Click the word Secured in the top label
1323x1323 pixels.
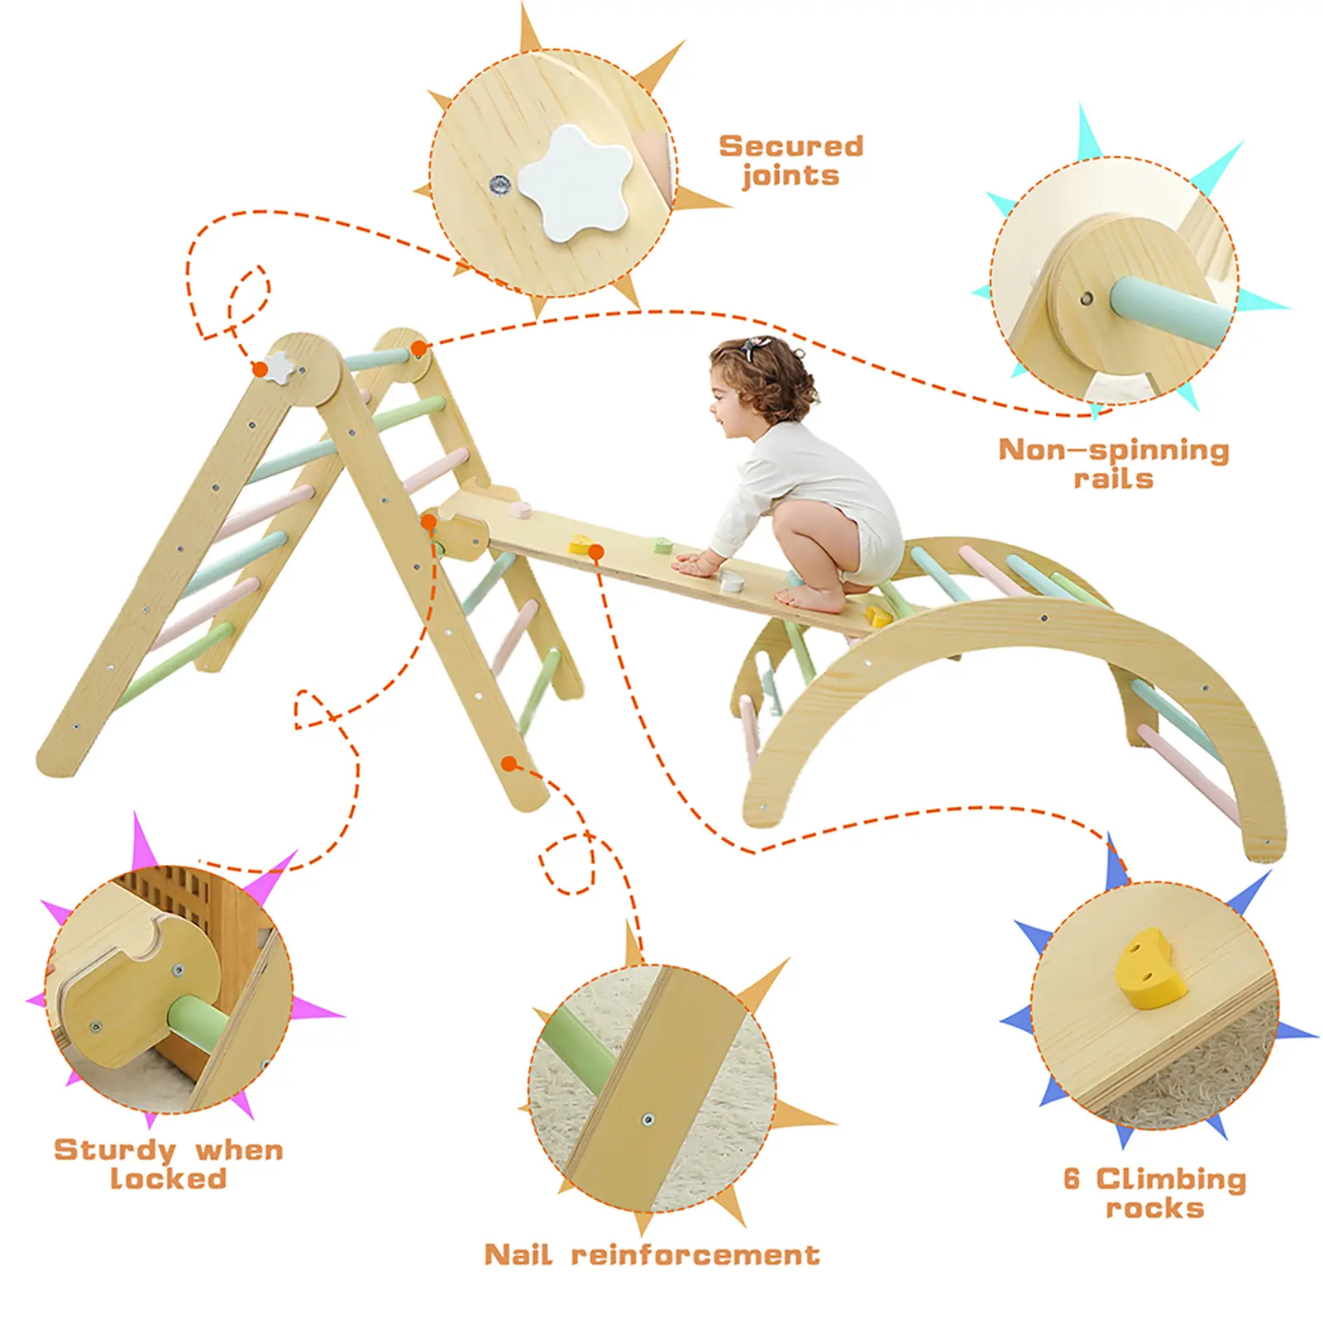coord(791,146)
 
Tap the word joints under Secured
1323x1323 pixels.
coord(790,176)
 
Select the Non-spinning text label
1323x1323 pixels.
coord(1114,450)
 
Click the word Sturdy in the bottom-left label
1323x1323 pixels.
coord(115,1150)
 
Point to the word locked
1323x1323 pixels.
coord(169,1178)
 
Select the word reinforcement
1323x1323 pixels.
coord(695,1254)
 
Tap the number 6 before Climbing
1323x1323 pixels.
coord(1072,1178)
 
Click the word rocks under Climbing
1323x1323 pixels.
coord(1155,1208)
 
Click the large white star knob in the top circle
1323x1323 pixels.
coord(575,183)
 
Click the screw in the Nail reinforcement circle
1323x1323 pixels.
coord(647,1120)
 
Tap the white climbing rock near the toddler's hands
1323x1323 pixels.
coord(729,580)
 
